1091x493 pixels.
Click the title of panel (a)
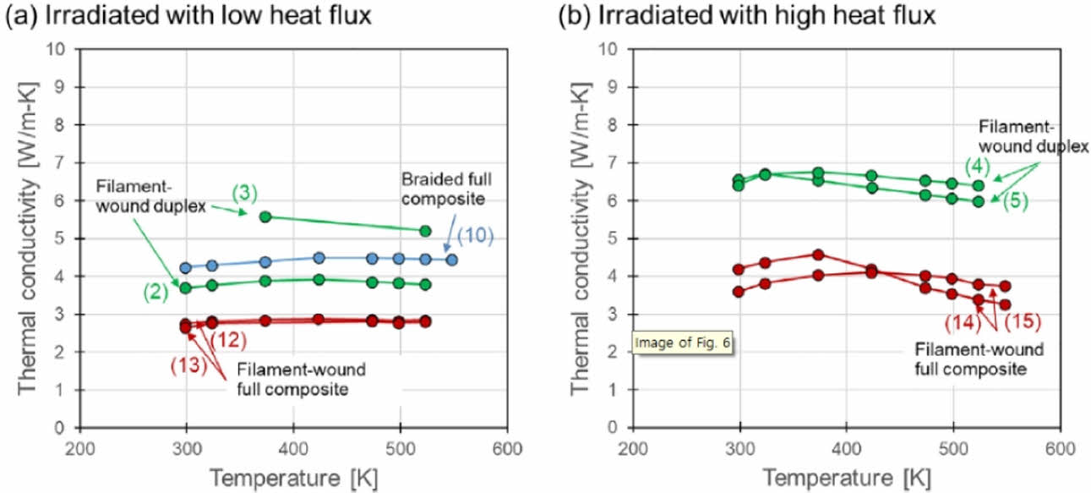pyautogui.click(x=188, y=16)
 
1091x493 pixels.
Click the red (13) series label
pyautogui.click(x=188, y=366)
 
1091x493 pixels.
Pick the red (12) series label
pyautogui.click(x=229, y=340)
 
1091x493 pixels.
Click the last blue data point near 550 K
pyautogui.click(x=452, y=260)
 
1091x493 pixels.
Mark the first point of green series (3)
pyautogui.click(x=265, y=216)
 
